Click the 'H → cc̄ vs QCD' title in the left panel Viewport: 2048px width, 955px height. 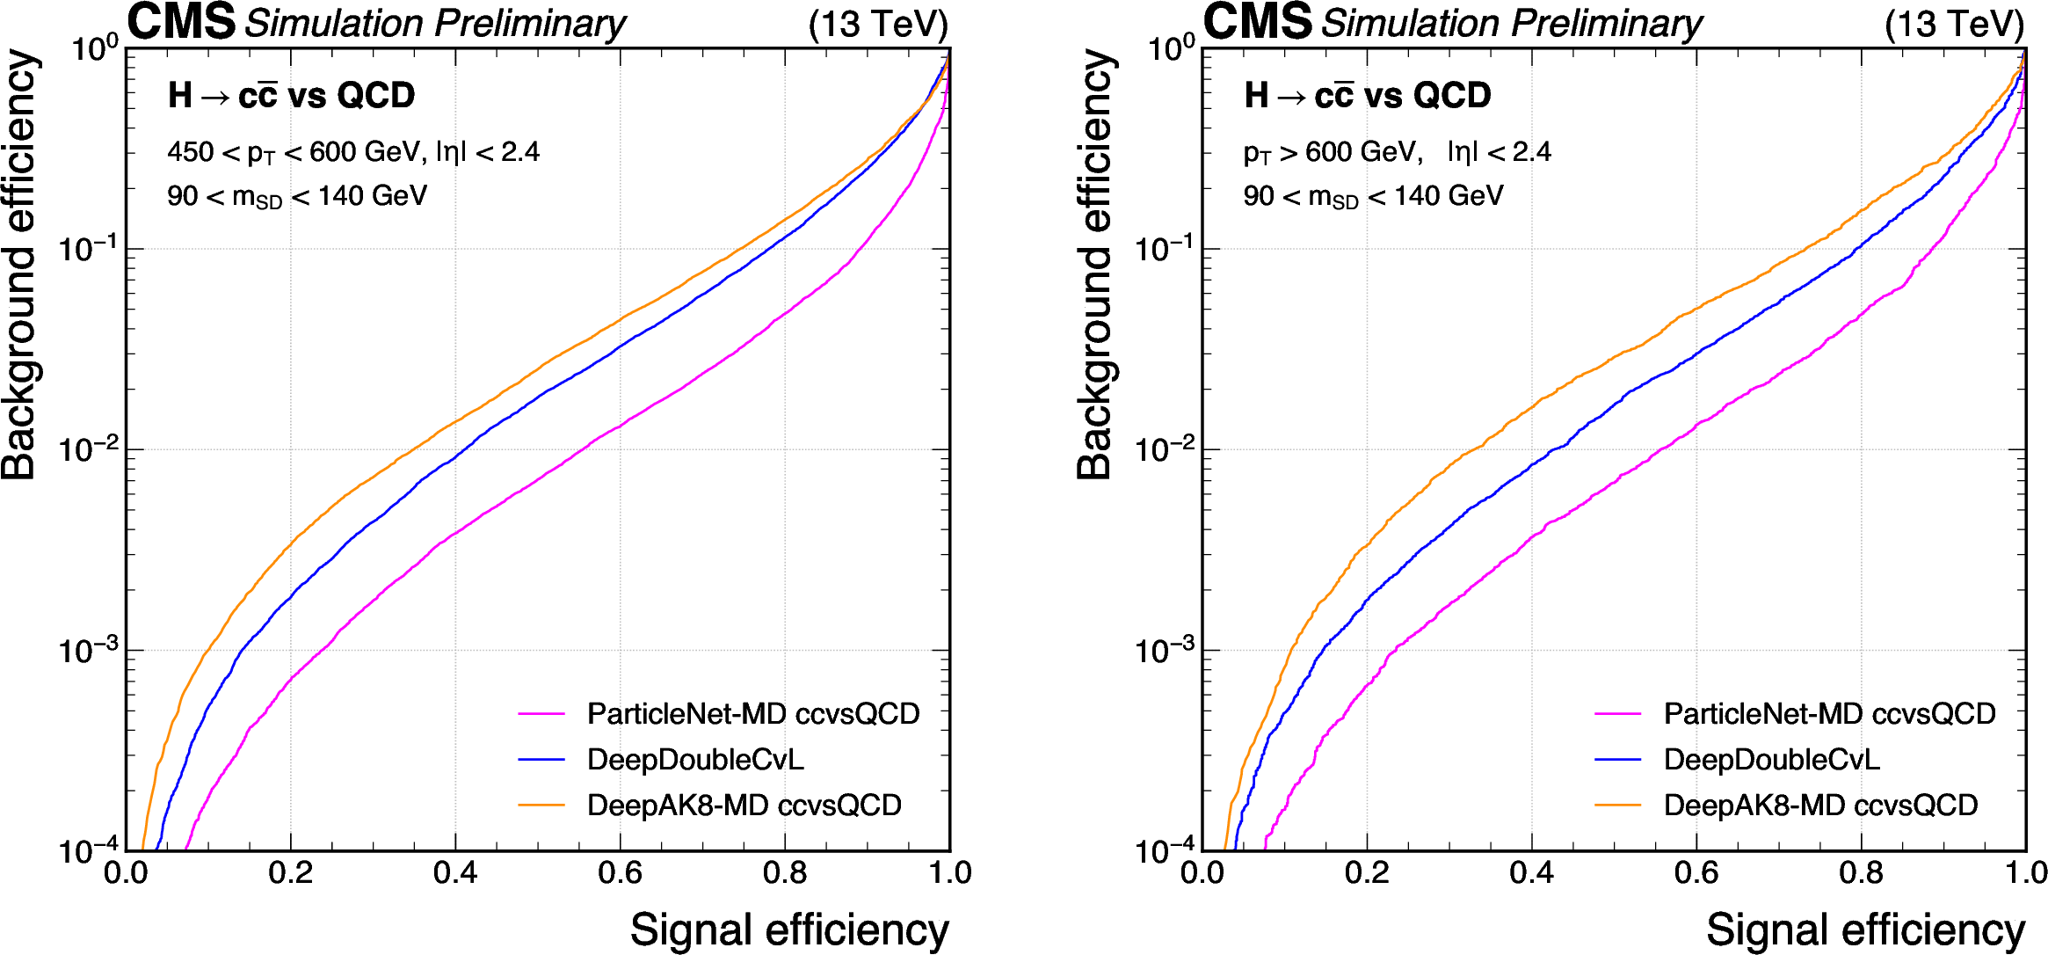[291, 95]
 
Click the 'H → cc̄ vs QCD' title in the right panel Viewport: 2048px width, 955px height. [1367, 95]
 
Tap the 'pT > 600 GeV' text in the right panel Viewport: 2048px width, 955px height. [1332, 152]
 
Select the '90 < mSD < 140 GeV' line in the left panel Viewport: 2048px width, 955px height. [296, 196]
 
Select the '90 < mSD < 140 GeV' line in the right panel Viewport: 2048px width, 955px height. [1372, 196]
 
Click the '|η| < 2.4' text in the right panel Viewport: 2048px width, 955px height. [1500, 152]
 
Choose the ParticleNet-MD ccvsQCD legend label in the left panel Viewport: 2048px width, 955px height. [752, 713]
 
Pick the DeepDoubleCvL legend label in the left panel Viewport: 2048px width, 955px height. [694, 759]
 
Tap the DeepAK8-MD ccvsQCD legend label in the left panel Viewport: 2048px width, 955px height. [744, 805]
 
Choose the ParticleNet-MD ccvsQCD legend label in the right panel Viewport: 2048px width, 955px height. [1829, 713]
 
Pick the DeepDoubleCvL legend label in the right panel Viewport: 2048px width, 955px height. [1771, 759]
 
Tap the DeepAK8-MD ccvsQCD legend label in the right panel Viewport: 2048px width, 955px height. [1820, 805]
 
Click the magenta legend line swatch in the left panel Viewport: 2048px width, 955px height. [541, 714]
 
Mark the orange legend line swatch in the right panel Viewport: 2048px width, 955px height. [1617, 805]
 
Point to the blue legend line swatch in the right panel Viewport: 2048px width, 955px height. [1617, 759]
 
